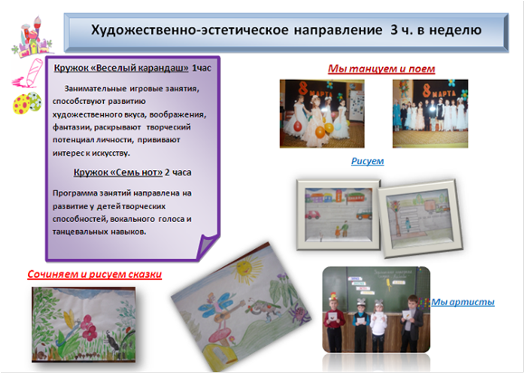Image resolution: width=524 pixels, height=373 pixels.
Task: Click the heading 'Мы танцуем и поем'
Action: tap(381, 69)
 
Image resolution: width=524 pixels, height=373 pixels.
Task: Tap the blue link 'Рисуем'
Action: tap(367, 161)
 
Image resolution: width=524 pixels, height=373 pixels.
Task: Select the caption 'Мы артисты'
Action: tap(462, 302)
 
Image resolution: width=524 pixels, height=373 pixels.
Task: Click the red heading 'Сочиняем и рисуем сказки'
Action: tap(95, 274)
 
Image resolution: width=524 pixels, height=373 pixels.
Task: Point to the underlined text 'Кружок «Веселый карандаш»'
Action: tap(121, 68)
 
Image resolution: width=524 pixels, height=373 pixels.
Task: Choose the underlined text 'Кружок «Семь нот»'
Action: tap(118, 172)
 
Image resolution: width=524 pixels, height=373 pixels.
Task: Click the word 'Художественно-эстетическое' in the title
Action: tap(189, 30)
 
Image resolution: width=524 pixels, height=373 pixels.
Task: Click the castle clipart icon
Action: tap(32, 37)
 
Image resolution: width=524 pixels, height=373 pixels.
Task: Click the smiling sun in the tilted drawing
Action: tap(243, 268)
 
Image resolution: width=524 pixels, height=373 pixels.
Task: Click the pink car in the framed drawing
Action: tap(313, 214)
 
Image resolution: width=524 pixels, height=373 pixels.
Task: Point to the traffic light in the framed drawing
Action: tap(396, 205)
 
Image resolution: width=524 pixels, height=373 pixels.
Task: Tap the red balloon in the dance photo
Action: tap(298, 126)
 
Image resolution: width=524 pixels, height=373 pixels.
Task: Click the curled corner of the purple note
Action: tap(206, 246)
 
